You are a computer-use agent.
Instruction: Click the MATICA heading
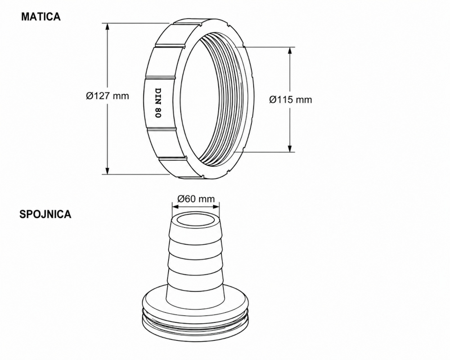pyautogui.click(x=41, y=17)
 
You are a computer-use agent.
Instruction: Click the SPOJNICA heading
pyautogui.click(x=45, y=214)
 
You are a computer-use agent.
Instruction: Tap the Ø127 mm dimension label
pyautogui.click(x=108, y=95)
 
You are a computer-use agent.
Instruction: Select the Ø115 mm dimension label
pyautogui.click(x=290, y=99)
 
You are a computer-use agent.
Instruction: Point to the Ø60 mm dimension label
pyautogui.click(x=196, y=198)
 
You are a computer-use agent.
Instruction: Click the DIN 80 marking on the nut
pyautogui.click(x=158, y=103)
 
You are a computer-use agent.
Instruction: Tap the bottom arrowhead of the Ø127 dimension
pyautogui.click(x=108, y=170)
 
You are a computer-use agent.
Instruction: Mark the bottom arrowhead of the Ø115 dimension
pyautogui.click(x=290, y=148)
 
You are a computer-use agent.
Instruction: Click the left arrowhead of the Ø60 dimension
pyautogui.click(x=175, y=207)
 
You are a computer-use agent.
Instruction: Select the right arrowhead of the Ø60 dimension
pyautogui.click(x=215, y=207)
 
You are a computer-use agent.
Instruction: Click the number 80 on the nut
pyautogui.click(x=158, y=113)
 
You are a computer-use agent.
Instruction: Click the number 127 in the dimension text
pyautogui.click(x=102, y=95)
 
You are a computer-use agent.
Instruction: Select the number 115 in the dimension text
pyautogui.click(x=285, y=99)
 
